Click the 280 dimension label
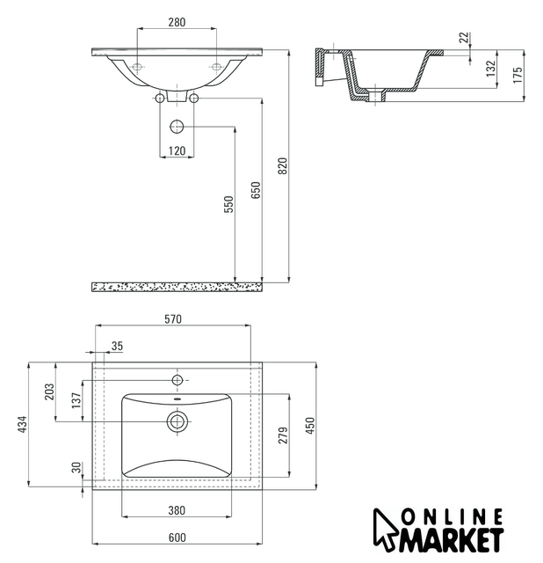click(177, 22)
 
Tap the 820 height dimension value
click(283, 165)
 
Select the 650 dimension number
click(256, 190)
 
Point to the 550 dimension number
click(228, 204)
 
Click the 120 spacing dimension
click(177, 150)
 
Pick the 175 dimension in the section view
click(518, 75)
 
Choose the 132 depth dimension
click(490, 69)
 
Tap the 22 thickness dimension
click(464, 37)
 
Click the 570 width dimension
click(173, 318)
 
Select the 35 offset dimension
click(117, 346)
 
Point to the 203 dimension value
click(49, 391)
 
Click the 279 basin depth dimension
click(283, 435)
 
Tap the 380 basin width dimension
click(177, 510)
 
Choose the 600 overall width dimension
click(177, 537)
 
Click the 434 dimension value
click(22, 424)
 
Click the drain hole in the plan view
click(177, 421)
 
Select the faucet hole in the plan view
click(177, 380)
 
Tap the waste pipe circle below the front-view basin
click(177, 127)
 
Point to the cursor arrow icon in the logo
click(384, 530)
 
